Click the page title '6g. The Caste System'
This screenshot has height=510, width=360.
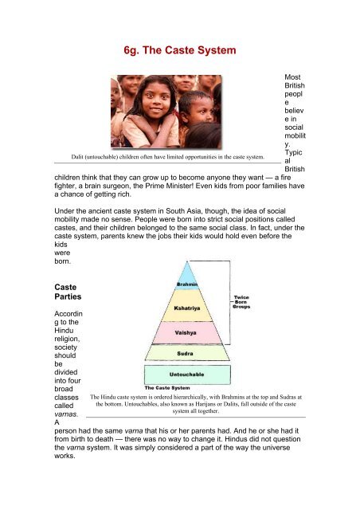pos(180,51)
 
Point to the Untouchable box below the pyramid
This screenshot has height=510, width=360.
pos(187,373)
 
